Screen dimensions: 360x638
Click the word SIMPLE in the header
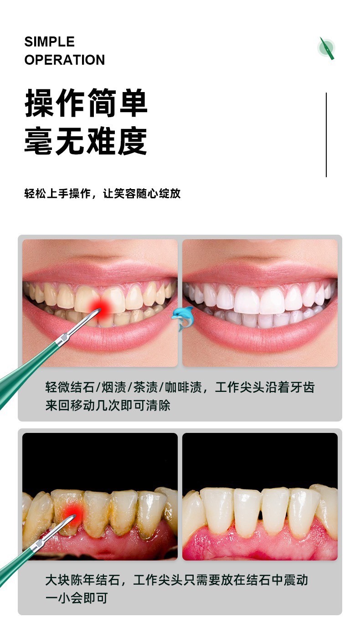coord(49,42)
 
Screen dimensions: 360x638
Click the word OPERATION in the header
coord(65,60)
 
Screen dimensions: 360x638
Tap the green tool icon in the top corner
coord(326,48)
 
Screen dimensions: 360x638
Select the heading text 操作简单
coord(86,103)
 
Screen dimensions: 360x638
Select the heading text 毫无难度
coord(86,141)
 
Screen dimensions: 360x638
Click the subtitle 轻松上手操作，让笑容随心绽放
coord(102,193)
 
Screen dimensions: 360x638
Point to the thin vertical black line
coord(326,135)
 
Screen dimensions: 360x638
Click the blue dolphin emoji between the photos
coord(182,319)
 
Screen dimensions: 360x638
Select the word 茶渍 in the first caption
coord(145,387)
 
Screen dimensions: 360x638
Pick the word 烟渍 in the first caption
coord(113,387)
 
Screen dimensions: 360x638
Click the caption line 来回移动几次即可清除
coord(108,406)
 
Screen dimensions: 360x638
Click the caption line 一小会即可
coord(77,598)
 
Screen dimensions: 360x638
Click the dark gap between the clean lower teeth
coord(260,515)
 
